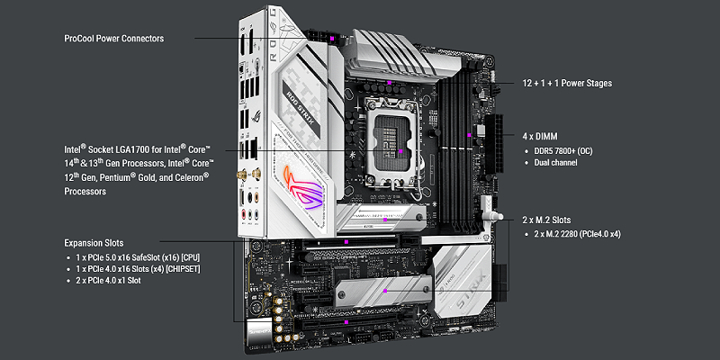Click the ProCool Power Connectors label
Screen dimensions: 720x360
pos(114,39)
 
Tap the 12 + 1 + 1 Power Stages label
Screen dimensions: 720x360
pos(567,84)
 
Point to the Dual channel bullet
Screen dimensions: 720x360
pos(552,163)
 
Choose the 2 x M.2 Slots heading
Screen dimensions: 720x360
pos(547,220)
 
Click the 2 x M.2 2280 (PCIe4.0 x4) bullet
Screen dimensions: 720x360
pos(573,234)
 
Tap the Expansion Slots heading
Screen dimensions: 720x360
pos(94,243)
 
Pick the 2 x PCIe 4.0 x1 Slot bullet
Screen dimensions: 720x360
pos(104,280)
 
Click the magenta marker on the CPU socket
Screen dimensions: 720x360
pos(400,150)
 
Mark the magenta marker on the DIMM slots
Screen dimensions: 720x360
pos(469,135)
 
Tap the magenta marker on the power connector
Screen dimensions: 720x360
pos(331,39)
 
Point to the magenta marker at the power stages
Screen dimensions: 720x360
pos(389,83)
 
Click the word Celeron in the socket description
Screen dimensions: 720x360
pos(191,176)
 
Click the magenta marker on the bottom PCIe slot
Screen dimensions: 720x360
pos(346,322)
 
